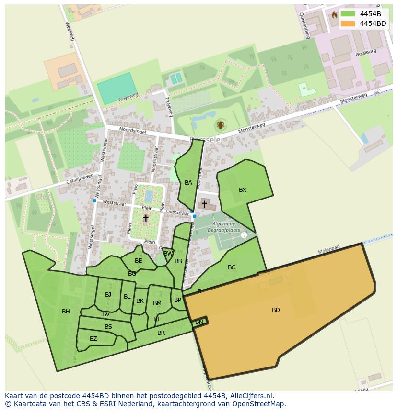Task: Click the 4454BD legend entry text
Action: point(373,23)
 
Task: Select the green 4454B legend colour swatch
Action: point(348,14)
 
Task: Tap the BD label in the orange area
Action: point(276,310)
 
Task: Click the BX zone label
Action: point(243,190)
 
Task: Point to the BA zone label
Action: point(188,183)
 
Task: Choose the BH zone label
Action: point(66,312)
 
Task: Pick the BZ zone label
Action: point(93,339)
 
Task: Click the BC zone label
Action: point(232,267)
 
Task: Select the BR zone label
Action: point(161,333)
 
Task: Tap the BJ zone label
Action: point(108,295)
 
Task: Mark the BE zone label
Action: point(139,261)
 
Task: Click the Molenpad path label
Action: point(329,250)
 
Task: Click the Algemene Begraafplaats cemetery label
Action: point(222,227)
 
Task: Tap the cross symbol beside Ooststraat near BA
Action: point(204,204)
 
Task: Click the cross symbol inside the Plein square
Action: point(146,219)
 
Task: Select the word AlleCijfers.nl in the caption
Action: point(249,396)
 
